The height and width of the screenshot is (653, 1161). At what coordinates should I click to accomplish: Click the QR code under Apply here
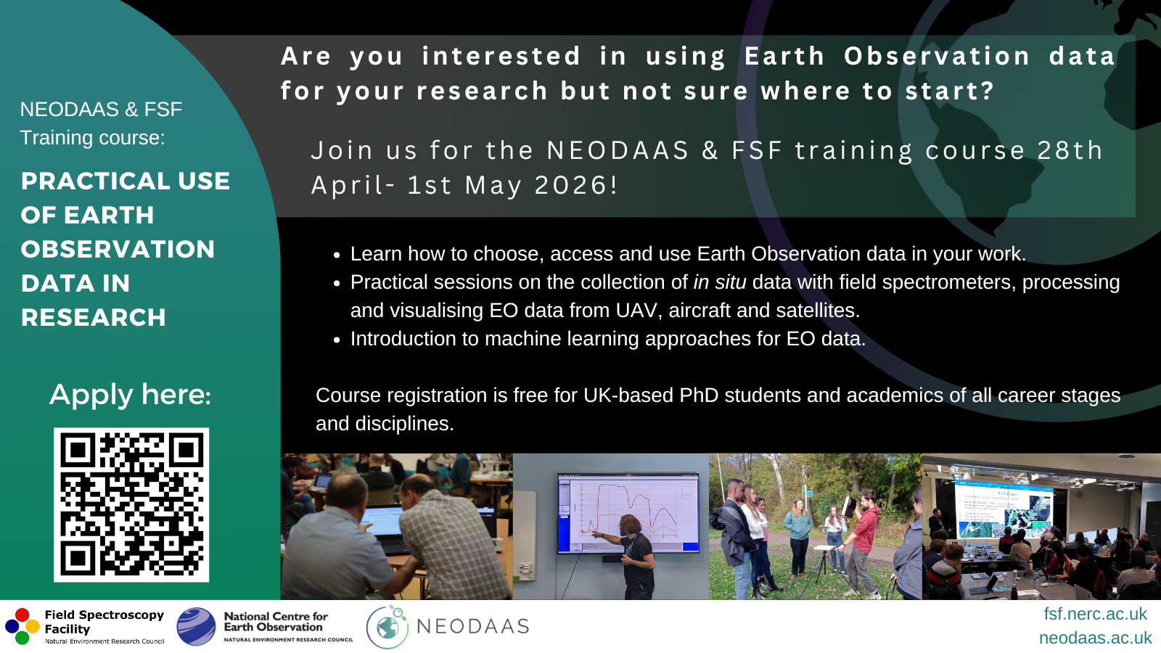coord(131,505)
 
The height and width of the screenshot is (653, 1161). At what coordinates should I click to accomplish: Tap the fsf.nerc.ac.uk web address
coord(1095,614)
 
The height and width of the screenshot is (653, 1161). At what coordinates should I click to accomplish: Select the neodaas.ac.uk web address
coord(1095,638)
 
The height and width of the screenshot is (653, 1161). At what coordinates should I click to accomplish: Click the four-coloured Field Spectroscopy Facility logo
coord(22,626)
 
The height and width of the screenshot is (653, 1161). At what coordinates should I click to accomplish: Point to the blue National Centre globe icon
coord(196,627)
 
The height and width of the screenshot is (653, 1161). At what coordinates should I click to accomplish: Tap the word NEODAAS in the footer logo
coord(472,626)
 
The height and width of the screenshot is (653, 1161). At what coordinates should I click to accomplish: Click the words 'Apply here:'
coord(130,395)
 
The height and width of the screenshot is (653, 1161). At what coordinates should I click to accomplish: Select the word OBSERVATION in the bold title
coord(118,250)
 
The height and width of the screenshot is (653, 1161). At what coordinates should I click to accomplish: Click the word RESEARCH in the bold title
coord(94,317)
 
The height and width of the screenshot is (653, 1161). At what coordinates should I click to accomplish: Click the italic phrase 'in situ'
coord(720,282)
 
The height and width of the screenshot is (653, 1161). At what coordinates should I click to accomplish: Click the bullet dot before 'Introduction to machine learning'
coord(337,340)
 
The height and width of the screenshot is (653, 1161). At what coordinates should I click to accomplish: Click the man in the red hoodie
coord(861,540)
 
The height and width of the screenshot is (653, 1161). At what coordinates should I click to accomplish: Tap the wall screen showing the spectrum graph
coord(628,513)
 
